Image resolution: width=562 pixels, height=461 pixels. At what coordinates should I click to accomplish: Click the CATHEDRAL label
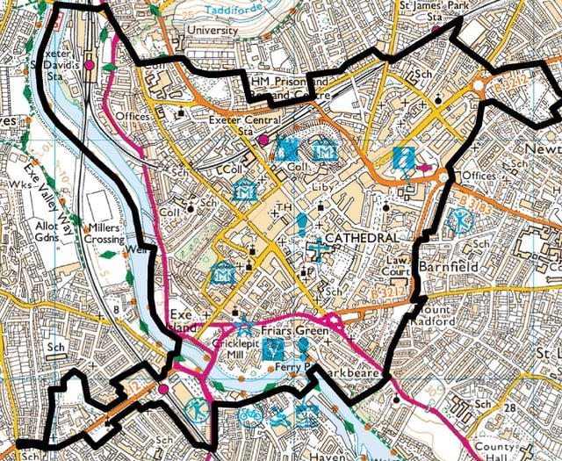[362, 239]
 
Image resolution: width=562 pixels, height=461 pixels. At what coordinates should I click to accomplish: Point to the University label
[213, 30]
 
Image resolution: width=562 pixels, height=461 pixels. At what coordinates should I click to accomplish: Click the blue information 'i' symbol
[403, 158]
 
